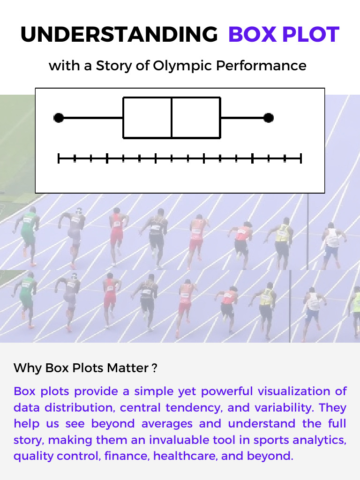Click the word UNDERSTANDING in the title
click(119, 35)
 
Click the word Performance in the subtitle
click(261, 66)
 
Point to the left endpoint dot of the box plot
click(59, 118)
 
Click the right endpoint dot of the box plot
click(268, 118)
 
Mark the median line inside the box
click(172, 118)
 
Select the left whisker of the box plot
click(91, 118)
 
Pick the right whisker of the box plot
click(244, 118)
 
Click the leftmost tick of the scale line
click(59, 158)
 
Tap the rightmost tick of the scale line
click(301, 158)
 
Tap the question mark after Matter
click(154, 368)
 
